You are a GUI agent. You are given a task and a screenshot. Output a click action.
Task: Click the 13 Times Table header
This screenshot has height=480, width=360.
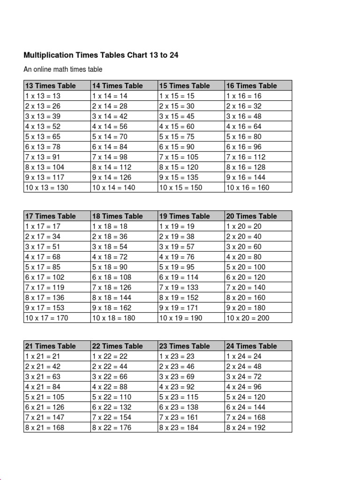(50, 86)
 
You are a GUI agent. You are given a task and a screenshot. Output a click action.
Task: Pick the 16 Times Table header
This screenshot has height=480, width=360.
(252, 86)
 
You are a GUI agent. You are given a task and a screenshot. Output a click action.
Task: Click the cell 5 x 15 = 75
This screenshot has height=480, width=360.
(177, 136)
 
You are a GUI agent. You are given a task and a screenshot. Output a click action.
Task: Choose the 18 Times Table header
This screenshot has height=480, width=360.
(117, 216)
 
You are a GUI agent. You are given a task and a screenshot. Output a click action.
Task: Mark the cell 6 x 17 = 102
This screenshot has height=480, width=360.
(45, 277)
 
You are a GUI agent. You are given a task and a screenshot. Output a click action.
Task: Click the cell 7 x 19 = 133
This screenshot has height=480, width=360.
(179, 287)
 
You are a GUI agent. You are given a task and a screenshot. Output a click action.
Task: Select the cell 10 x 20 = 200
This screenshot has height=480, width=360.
(248, 318)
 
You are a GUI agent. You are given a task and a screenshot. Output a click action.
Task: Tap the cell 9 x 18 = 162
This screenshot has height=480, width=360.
(112, 307)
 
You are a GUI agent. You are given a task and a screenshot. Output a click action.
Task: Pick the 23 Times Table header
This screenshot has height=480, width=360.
(185, 346)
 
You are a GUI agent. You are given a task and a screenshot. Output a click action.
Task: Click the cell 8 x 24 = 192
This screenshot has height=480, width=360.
(246, 427)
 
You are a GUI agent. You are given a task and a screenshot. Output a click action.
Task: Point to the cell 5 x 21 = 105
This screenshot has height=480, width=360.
(45, 397)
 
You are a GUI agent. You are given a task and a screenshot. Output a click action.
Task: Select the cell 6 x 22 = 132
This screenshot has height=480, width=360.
(112, 407)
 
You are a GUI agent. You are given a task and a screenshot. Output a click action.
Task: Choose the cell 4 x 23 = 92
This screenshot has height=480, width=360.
(177, 387)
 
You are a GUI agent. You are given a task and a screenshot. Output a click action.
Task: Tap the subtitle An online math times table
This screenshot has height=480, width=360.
(63, 69)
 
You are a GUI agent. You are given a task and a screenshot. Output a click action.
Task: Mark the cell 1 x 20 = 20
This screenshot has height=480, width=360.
(244, 226)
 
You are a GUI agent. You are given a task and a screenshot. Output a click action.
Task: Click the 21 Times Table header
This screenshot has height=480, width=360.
(50, 346)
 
